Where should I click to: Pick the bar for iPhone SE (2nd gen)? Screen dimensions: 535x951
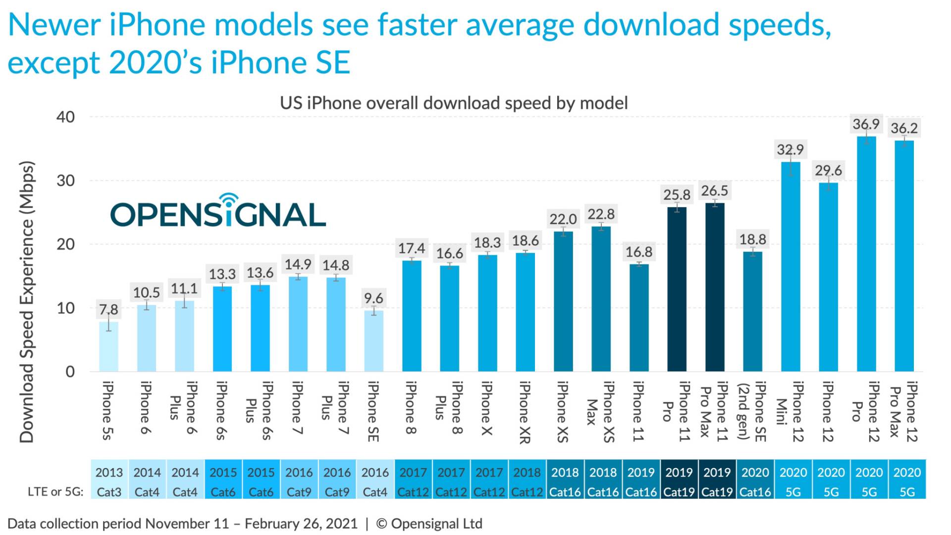point(752,312)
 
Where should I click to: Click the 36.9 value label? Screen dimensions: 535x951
point(866,124)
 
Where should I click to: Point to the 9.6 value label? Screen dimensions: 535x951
point(373,298)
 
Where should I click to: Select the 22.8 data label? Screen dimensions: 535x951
point(601,214)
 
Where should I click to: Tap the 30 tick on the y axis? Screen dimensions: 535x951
point(65,181)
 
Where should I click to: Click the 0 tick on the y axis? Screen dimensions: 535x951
point(70,372)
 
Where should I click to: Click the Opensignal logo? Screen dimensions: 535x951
point(218,212)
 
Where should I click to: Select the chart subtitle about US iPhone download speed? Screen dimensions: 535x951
point(453,103)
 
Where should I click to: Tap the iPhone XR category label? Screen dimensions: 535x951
point(525,412)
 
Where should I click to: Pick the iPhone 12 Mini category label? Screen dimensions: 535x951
point(790,411)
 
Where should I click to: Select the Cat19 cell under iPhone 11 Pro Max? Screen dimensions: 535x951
point(717,492)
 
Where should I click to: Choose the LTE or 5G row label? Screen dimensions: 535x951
point(55,492)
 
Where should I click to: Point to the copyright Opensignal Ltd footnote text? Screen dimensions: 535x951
point(429,524)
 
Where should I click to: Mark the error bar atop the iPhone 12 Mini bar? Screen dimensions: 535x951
point(791,161)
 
